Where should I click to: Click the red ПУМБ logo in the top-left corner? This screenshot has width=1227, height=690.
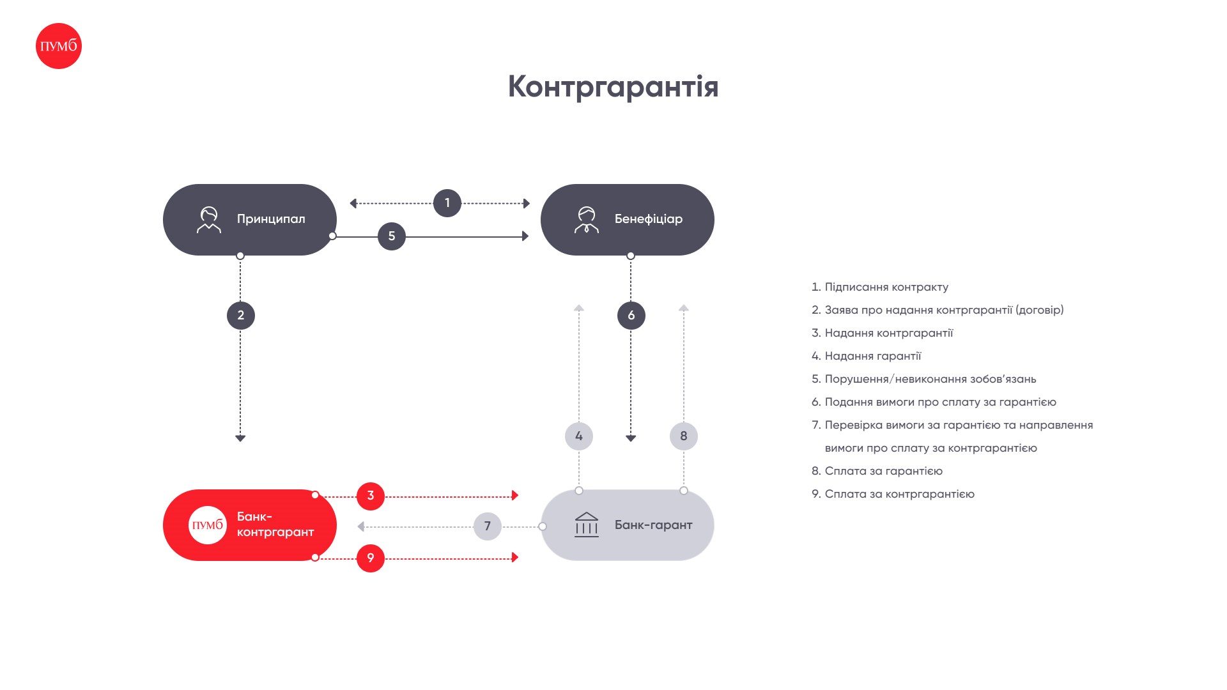pos(59,46)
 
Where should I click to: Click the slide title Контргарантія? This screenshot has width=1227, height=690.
pos(613,87)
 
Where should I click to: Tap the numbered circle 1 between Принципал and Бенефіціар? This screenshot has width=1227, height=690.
pos(447,203)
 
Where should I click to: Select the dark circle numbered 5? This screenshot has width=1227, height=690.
pos(392,236)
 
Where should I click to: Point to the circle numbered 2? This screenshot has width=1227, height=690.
pos(241,316)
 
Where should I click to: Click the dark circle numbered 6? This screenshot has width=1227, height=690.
pos(631,316)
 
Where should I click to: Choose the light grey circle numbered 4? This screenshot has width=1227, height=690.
pos(579,436)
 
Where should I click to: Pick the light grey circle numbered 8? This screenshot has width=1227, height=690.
pos(684,436)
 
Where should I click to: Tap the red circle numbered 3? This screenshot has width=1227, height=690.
pos(371,496)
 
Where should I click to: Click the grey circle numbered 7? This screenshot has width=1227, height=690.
pos(488,526)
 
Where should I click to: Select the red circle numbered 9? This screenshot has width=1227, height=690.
pos(371,558)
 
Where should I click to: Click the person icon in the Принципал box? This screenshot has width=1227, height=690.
pos(209,220)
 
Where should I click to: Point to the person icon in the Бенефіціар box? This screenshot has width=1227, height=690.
pos(587,220)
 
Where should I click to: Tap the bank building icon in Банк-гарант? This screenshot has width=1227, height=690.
pos(587,525)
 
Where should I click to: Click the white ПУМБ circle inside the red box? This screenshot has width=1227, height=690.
pos(208,525)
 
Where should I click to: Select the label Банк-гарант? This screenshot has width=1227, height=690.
pos(653,525)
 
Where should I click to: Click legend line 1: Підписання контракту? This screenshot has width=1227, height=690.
pos(880,287)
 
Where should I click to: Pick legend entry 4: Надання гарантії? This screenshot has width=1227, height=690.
pos(867,356)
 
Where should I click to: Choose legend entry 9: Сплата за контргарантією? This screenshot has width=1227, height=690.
pos(893,494)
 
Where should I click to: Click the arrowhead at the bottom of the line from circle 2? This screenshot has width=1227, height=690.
pos(240,438)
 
